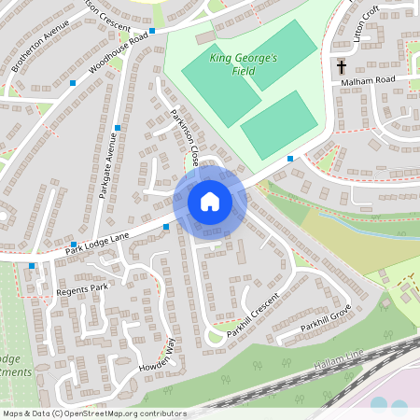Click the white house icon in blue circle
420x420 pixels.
click(x=210, y=202)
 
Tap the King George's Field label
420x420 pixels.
click(x=244, y=63)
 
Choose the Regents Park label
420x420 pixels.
click(x=82, y=290)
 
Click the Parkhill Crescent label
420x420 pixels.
click(x=253, y=314)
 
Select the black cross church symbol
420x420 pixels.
click(x=342, y=67)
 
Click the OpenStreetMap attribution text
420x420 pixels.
click(x=95, y=413)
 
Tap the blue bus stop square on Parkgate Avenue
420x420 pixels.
click(x=118, y=128)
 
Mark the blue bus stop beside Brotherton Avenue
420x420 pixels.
click(x=73, y=84)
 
